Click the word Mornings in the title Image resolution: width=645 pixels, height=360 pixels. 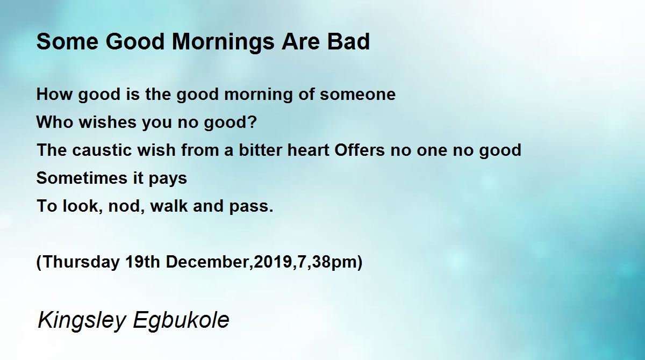[x=223, y=42]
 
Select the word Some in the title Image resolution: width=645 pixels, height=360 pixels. [x=67, y=42]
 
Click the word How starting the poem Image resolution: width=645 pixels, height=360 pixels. [x=54, y=95]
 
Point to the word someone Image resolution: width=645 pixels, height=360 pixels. [x=357, y=95]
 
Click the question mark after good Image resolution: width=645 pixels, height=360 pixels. [x=252, y=122]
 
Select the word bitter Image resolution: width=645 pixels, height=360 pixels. [x=261, y=150]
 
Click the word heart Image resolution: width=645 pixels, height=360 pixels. [x=309, y=150]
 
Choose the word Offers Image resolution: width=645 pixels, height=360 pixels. [x=360, y=150]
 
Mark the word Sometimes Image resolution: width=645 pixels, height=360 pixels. [x=82, y=178]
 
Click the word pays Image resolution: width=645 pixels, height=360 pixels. [x=168, y=179]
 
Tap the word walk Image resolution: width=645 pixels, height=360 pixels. [x=169, y=206]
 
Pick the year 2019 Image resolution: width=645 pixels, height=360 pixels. [x=273, y=262]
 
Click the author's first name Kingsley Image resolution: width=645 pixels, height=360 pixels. [x=82, y=320]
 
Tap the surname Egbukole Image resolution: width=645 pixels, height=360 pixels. [x=181, y=320]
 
